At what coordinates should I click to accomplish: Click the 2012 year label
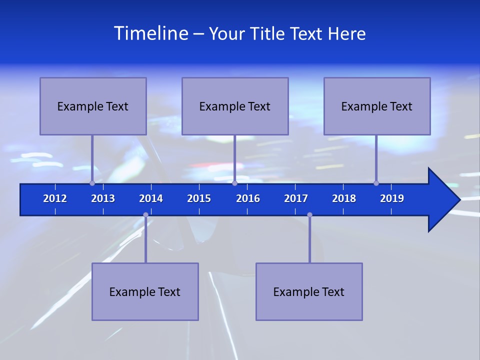pyautogui.click(x=55, y=198)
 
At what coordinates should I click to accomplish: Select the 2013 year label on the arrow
pyautogui.click(x=103, y=198)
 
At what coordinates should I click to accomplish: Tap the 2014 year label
pyautogui.click(x=151, y=198)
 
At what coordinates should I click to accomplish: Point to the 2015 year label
pyautogui.click(x=199, y=198)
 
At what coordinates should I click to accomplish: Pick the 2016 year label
pyautogui.click(x=248, y=198)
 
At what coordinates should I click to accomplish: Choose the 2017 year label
pyautogui.click(x=296, y=198)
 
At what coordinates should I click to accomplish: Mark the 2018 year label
pyautogui.click(x=344, y=198)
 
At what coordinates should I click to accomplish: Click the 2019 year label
pyautogui.click(x=392, y=198)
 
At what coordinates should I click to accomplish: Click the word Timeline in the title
pyautogui.click(x=150, y=33)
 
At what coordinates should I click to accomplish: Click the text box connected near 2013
pyautogui.click(x=93, y=106)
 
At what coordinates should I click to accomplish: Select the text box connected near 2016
pyautogui.click(x=235, y=106)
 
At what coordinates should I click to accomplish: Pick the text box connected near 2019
pyautogui.click(x=377, y=106)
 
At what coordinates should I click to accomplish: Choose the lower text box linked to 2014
pyautogui.click(x=145, y=291)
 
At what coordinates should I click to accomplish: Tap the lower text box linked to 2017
pyautogui.click(x=309, y=291)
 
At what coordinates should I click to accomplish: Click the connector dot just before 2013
pyautogui.click(x=92, y=183)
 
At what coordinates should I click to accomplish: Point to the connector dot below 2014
pyautogui.click(x=145, y=215)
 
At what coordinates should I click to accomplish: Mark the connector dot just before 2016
pyautogui.click(x=234, y=183)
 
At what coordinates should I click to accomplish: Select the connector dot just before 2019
pyautogui.click(x=376, y=183)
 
